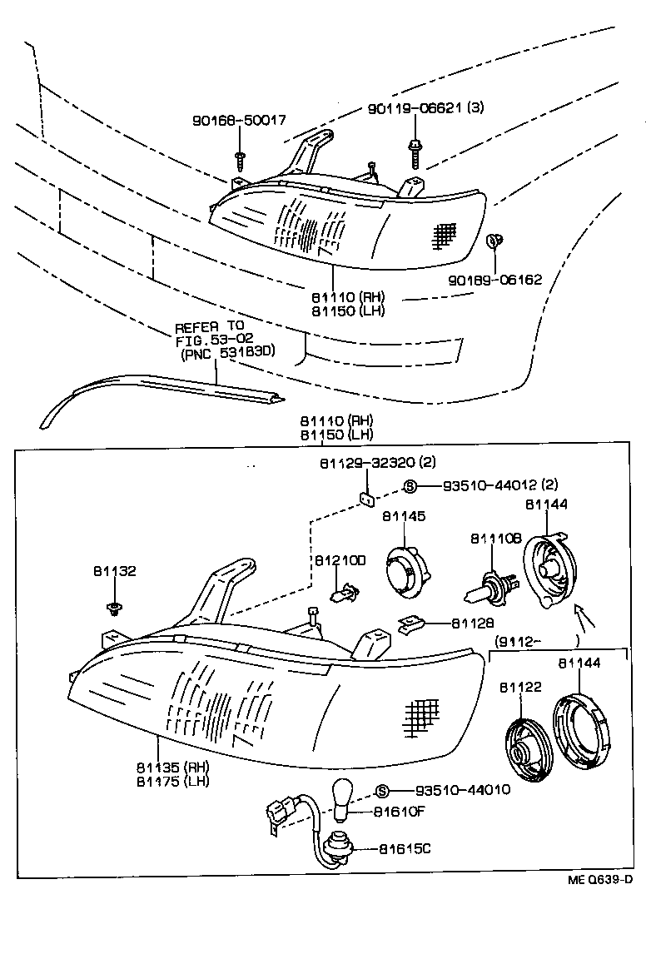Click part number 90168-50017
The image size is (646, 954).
pos(238,120)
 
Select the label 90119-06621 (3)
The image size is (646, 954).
pos(425,109)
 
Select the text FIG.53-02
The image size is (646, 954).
pos(209,339)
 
